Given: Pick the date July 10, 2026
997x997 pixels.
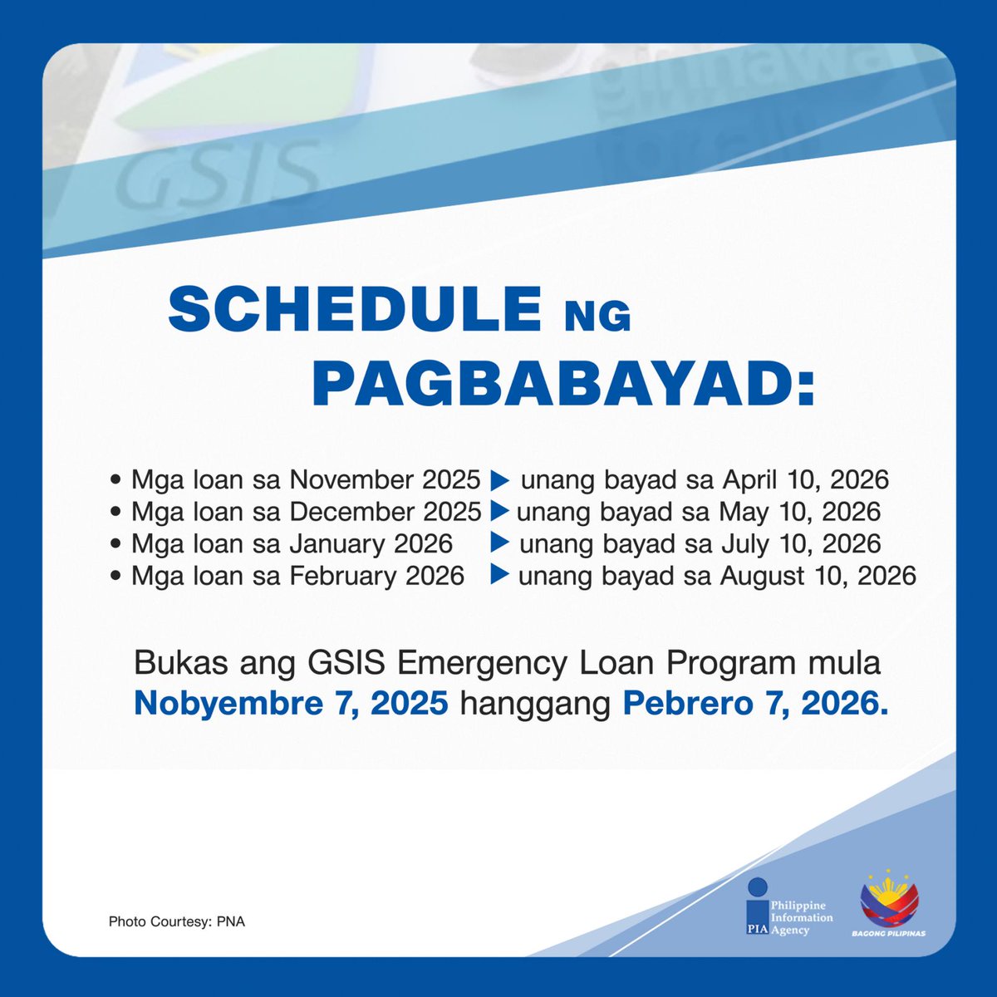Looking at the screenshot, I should click(x=800, y=544).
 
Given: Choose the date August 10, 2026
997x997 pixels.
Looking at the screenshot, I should click(x=818, y=576).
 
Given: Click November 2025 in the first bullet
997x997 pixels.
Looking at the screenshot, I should click(x=385, y=480).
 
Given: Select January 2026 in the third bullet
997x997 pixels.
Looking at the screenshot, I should click(x=371, y=544).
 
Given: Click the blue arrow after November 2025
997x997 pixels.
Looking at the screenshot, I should click(x=499, y=480).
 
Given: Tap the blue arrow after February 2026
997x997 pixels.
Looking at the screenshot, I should click(x=499, y=575).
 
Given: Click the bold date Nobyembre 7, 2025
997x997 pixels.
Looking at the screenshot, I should click(x=291, y=704).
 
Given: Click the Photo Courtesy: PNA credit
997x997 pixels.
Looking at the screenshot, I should click(x=176, y=921).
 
